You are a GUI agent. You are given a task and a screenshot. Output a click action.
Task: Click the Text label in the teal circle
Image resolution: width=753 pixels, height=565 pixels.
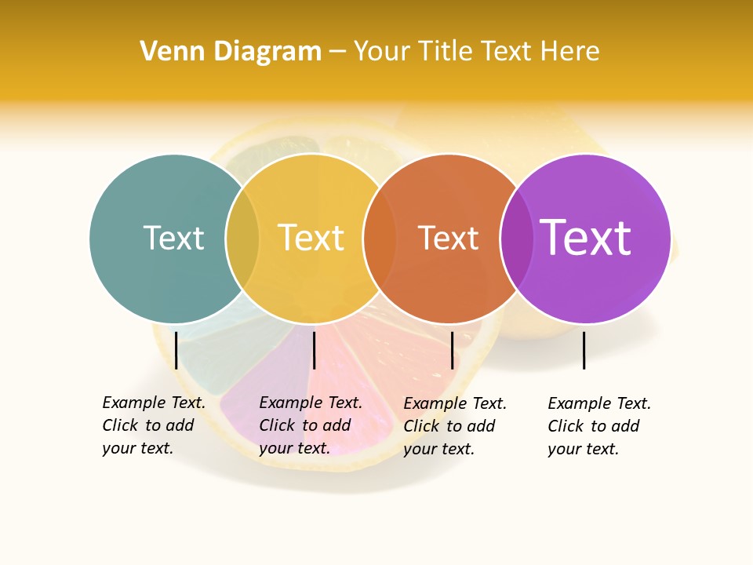tap(173, 238)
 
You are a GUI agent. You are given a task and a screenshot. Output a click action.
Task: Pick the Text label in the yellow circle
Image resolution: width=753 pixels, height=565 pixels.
tap(311, 238)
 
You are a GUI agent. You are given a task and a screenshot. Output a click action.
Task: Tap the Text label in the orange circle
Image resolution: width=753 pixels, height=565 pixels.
tap(448, 238)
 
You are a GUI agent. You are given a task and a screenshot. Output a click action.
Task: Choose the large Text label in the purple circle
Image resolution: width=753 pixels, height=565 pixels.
tap(585, 238)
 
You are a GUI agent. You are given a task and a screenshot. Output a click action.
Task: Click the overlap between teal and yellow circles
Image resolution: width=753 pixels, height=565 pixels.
tap(242, 238)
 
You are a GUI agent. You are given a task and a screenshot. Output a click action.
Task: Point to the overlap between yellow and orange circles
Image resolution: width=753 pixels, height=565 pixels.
tap(379, 238)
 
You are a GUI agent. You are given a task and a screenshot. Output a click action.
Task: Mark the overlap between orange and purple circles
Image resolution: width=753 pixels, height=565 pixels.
tap(516, 238)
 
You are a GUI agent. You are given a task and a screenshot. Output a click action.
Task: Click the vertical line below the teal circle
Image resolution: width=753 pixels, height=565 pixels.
tap(176, 350)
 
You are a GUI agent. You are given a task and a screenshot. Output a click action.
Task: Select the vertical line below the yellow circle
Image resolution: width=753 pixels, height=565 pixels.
tap(314, 350)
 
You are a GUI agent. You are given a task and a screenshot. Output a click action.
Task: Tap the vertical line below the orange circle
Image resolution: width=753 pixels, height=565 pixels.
tap(452, 350)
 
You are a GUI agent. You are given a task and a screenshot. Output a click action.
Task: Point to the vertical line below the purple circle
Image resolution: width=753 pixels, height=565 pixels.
tap(584, 350)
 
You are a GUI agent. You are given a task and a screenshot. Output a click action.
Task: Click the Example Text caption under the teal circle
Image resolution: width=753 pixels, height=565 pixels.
tap(154, 425)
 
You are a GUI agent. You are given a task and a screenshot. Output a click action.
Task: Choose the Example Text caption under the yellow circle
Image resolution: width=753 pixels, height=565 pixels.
tap(311, 425)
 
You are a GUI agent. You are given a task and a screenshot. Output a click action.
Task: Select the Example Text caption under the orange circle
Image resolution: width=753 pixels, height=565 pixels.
tap(455, 426)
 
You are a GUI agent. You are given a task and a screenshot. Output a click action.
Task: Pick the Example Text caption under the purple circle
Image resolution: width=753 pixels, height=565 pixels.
tap(599, 426)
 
